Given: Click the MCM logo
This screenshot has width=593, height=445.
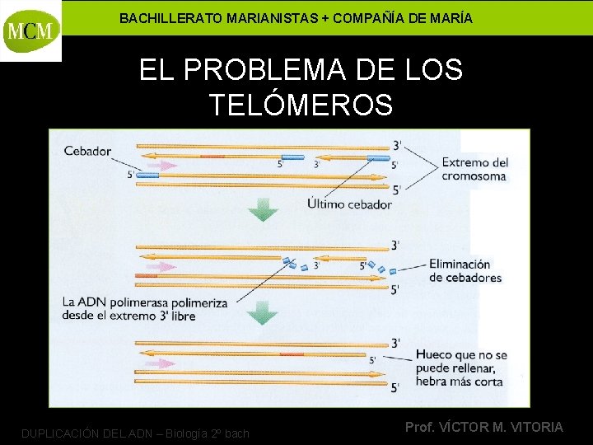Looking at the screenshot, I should point(31,30).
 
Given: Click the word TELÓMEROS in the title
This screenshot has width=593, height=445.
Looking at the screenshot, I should point(301,105).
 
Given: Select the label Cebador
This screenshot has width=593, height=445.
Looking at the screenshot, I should point(87,151).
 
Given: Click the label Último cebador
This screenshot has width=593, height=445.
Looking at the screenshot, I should point(349,204).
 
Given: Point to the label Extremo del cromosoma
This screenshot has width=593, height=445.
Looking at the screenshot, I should point(474,169).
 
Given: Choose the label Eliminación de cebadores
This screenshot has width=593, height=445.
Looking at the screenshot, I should point(465,271).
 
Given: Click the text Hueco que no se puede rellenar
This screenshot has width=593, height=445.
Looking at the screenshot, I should point(461,361).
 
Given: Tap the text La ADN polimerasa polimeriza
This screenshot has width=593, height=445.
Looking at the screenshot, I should point(145,303).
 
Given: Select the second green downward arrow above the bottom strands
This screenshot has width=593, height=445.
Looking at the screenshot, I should point(264,312).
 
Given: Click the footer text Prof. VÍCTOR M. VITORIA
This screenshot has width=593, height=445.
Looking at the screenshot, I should point(484,427).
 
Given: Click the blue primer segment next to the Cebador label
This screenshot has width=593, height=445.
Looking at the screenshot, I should point(147,175).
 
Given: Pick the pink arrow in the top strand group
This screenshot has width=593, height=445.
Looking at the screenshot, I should point(166,166).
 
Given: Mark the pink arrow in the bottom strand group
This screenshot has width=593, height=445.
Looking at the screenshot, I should point(167,363).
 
